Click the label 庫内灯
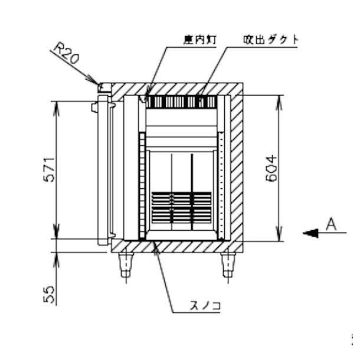[198, 40]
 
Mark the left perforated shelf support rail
[142, 186]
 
